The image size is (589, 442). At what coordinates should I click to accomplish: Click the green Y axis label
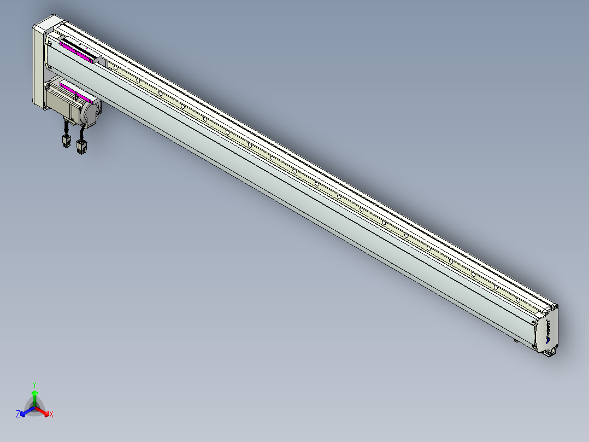(x=34, y=385)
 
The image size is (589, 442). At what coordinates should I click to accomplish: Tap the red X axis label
(x=51, y=415)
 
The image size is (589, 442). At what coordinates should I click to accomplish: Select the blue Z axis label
(x=18, y=415)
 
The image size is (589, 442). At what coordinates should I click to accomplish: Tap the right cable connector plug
(x=82, y=146)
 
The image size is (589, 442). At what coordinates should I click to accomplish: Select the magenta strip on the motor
(x=75, y=93)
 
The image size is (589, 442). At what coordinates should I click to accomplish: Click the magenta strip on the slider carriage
(x=76, y=53)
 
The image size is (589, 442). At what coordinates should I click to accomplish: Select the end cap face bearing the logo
(x=548, y=331)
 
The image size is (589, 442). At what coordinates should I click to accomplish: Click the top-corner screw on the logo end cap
(x=555, y=307)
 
